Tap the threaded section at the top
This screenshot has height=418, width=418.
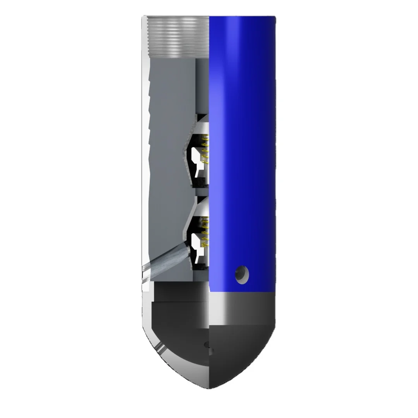pyautogui.click(x=178, y=37)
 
